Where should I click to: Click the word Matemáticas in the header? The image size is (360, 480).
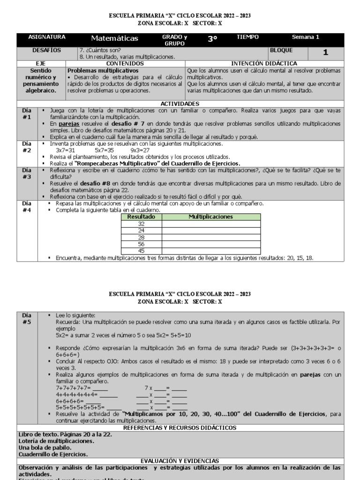coord(114,38)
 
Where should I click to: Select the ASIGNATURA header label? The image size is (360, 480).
coord(47,37)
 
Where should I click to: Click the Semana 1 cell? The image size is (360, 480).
coord(305,37)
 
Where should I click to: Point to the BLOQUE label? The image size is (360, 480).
coord(282,50)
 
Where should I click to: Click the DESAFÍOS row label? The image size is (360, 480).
coord(46,50)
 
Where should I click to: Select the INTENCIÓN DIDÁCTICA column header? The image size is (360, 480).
coord(265,63)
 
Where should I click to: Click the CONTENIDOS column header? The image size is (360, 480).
coord(125,63)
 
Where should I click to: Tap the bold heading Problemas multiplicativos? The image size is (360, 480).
coord(97,70)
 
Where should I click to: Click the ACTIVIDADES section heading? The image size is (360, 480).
coord(180,104)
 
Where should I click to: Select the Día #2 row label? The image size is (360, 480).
coord(27,147)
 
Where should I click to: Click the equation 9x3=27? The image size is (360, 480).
coord(140,150)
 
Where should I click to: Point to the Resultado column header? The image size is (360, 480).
coord(141,217)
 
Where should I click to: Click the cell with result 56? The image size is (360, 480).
coord(141,244)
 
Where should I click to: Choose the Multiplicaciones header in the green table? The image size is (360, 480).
coord(210,217)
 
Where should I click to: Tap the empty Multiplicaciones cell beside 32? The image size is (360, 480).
coord(210,224)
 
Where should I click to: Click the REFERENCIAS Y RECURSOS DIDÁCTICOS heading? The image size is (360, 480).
coord(180,427)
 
